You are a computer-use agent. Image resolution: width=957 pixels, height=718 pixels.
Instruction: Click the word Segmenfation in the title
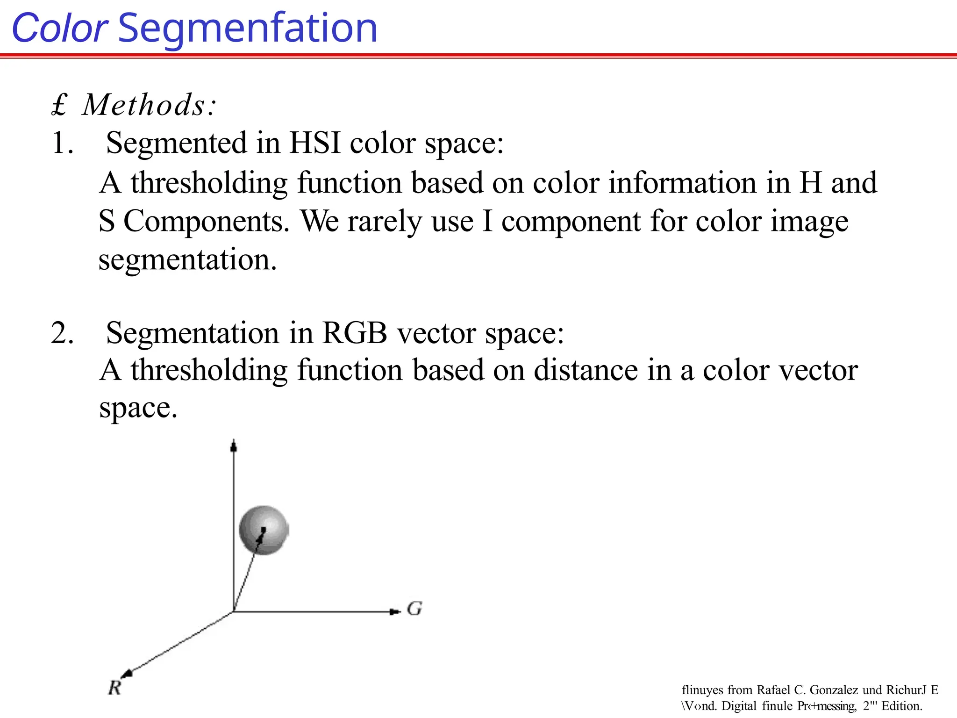(x=248, y=29)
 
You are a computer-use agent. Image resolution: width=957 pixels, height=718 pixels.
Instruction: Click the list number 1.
(x=62, y=143)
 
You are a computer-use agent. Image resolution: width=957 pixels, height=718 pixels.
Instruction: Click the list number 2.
(x=62, y=333)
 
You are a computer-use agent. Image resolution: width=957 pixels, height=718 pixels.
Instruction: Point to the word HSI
(x=315, y=143)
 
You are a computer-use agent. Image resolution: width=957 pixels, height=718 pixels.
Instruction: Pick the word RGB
(x=355, y=333)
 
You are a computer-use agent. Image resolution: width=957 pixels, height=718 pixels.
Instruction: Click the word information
(x=682, y=182)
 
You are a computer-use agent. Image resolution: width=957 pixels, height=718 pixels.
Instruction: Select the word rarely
(x=385, y=221)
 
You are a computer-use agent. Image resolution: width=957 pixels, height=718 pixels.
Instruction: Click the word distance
(x=586, y=370)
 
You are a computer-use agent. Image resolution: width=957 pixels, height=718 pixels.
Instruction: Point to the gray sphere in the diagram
(x=264, y=530)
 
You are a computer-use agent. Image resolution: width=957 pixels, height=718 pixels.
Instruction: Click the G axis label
(x=414, y=609)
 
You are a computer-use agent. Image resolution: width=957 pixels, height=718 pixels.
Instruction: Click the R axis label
(x=114, y=688)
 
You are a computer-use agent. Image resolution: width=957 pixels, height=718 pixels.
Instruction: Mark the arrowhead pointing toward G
(x=395, y=612)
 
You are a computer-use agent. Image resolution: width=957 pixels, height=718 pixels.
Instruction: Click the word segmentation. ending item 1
(x=187, y=260)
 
